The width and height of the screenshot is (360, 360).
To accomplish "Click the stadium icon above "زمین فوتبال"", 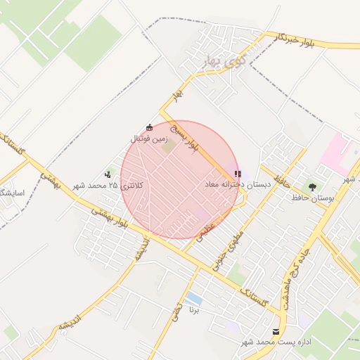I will coord(148,127).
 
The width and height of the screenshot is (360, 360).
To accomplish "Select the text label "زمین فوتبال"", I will coord(148,139).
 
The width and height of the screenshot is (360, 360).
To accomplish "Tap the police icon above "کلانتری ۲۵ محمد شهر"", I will coord(108,174).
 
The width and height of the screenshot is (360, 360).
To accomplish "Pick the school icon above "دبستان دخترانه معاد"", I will coord(238,173).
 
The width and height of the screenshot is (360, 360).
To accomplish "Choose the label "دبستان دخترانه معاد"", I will coord(238,184).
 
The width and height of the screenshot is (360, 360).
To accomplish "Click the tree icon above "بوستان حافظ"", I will coord(312,187).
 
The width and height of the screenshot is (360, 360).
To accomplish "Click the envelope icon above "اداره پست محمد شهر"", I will coord(275,331).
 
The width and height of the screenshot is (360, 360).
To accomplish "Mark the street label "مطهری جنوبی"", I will coord(235,245).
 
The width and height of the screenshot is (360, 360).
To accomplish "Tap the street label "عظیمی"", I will coord(206,233).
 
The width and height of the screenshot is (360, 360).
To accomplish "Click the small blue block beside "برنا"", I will coord(194,298).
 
